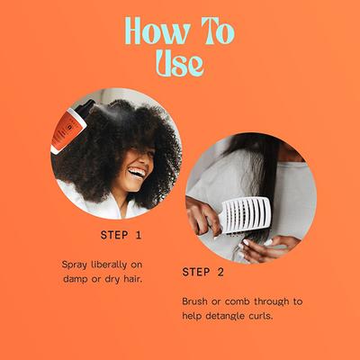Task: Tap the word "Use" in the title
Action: [178, 62]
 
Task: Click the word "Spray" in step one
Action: [77, 265]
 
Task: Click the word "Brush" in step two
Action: [198, 301]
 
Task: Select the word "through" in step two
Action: [284, 301]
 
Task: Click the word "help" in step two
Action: [196, 316]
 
